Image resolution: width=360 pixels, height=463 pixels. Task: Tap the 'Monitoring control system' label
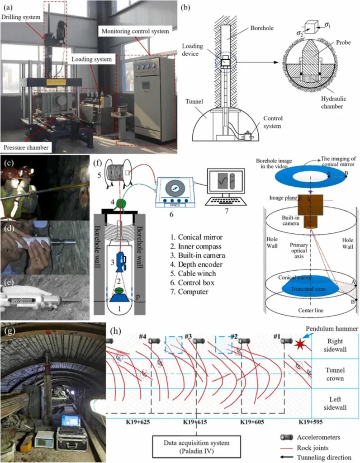coord(134,32)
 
